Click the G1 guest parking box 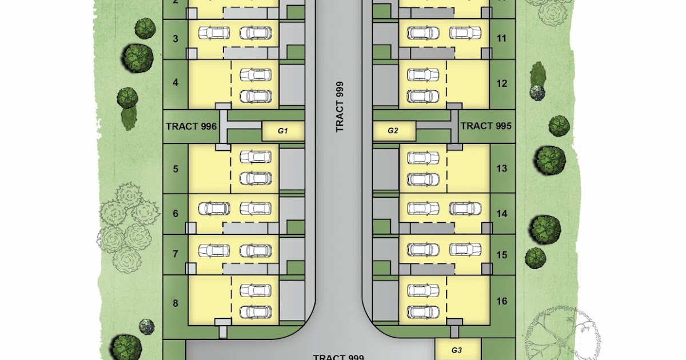(282, 131)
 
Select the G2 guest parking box (393, 131)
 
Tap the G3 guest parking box (457, 350)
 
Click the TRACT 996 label (192, 126)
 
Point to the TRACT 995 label (486, 126)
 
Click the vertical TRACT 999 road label (340, 107)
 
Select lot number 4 (176, 82)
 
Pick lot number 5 (176, 169)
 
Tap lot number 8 (176, 301)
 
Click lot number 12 (502, 83)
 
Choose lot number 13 (502, 169)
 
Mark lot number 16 (502, 301)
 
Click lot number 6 (176, 214)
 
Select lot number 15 (502, 254)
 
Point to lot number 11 (502, 39)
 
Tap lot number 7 (176, 254)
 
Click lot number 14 (502, 214)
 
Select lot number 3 (176, 39)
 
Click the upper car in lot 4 (256, 75)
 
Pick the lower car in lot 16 (423, 311)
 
